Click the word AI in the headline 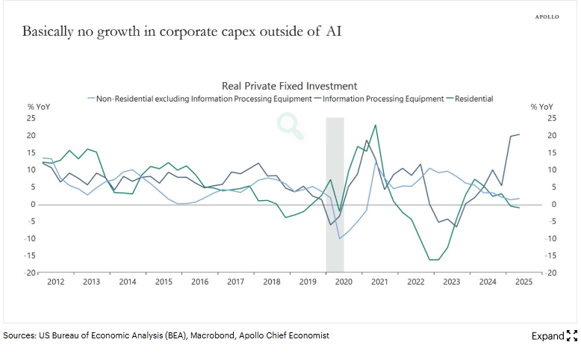pyautogui.click(x=335, y=32)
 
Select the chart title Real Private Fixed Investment pyautogui.click(x=290, y=86)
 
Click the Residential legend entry pyautogui.click(x=473, y=99)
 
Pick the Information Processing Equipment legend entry pyautogui.click(x=383, y=99)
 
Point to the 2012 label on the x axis pyautogui.click(x=55, y=282)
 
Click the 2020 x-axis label pyautogui.click(x=344, y=282)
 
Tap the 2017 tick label pyautogui.click(x=235, y=282)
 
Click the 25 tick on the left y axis pyautogui.click(x=31, y=118)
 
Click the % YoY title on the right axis pyautogui.click(x=541, y=108)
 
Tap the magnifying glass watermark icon pyautogui.click(x=291, y=126)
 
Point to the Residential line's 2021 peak pyautogui.click(x=375, y=125)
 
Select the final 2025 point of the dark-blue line pyautogui.click(x=520, y=134)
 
